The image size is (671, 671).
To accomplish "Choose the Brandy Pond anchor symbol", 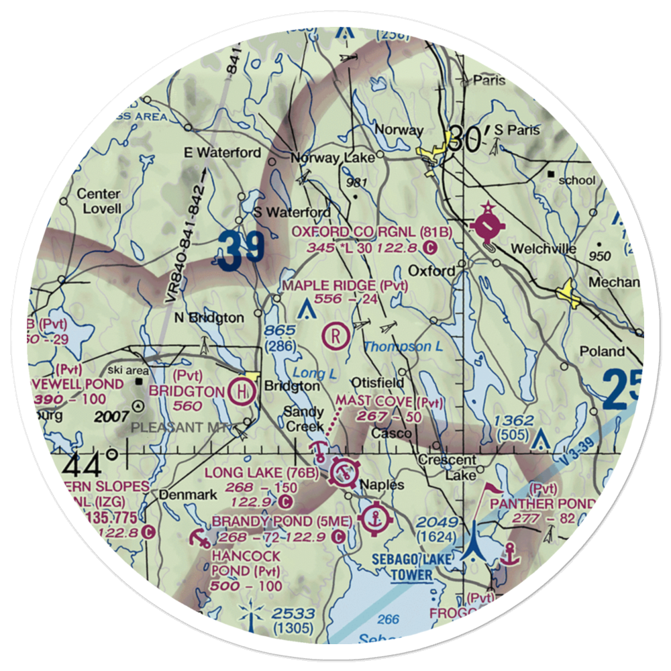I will pyautogui.click(x=373, y=517).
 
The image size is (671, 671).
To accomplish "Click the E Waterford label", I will pyautogui.click(x=222, y=153).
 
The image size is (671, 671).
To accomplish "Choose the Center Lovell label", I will pyautogui.click(x=99, y=201).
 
